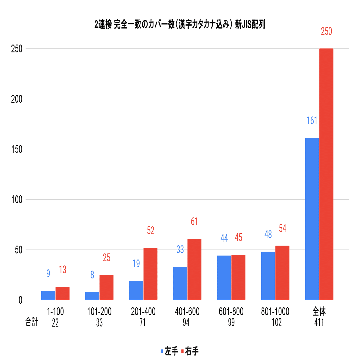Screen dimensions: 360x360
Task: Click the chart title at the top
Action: (180, 25)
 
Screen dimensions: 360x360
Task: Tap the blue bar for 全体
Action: (312, 219)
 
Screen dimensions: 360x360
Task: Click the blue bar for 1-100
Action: (48, 295)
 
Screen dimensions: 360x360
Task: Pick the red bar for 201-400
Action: (151, 274)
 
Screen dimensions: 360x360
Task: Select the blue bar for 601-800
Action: (224, 278)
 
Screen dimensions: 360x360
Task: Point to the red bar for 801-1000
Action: (282, 273)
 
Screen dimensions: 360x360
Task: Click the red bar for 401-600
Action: (194, 269)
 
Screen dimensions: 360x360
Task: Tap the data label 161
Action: (312, 121)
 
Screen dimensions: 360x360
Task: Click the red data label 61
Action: (194, 222)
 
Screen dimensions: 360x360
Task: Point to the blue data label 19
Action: (136, 264)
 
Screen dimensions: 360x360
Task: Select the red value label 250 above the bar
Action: (326, 32)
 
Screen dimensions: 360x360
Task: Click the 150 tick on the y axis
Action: (17, 149)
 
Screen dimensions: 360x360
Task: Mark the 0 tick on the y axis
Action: (20, 300)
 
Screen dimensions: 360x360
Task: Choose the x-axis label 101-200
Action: (99, 312)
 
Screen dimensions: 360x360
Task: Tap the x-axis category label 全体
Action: (319, 311)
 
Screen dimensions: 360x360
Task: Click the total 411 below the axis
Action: (319, 323)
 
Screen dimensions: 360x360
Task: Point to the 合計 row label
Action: (32, 322)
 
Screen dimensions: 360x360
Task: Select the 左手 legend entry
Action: (169, 351)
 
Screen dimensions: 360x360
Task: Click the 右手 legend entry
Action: (190, 351)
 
